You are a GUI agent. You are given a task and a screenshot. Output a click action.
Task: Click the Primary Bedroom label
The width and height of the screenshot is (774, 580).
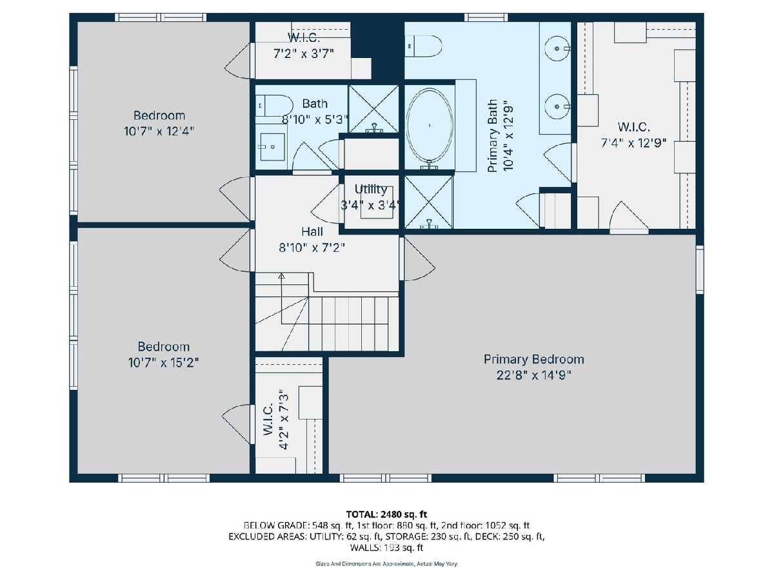coord(533,360)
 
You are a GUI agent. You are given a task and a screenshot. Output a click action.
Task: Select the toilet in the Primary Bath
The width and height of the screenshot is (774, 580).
coord(422,46)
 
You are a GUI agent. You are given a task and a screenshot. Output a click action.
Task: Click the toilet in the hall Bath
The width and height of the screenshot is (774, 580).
coord(274,105)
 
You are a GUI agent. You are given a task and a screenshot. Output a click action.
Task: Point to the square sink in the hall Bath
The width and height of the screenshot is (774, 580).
coord(272,146)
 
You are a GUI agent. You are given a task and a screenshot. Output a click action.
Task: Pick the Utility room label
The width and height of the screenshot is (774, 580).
coord(371,189)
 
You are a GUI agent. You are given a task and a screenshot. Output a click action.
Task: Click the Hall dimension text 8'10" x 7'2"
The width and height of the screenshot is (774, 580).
coord(312,248)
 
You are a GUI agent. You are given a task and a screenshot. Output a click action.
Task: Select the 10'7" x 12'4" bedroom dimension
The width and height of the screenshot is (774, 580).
coord(159,131)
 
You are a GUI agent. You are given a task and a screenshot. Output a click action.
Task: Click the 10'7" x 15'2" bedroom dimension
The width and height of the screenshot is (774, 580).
coord(163,362)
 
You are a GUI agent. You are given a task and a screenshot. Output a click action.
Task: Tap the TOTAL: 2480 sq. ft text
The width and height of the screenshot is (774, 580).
coord(386,514)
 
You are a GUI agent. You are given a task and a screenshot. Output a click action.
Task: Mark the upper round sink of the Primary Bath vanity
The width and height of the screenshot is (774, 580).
coord(557,48)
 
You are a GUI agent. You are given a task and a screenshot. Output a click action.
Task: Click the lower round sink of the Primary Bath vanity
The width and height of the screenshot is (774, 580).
coord(557,106)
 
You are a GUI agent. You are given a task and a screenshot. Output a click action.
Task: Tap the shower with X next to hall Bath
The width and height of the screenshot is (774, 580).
coord(373,109)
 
